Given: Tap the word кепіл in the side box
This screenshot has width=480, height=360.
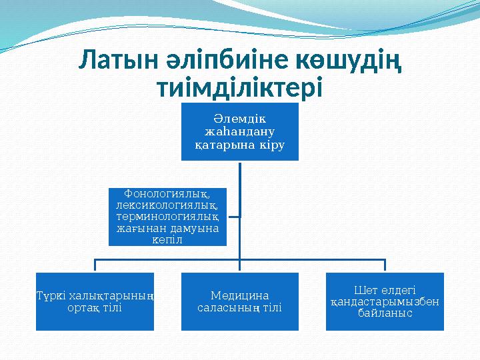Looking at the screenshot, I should (167, 240).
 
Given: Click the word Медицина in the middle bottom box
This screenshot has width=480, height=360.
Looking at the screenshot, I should (240, 295).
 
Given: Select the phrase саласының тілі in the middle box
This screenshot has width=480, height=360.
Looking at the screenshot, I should (240, 307).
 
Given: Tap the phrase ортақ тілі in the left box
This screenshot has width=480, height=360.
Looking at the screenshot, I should (95, 308).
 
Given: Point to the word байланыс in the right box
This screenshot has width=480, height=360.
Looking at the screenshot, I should (385, 313).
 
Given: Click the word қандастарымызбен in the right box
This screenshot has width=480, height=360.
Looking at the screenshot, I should (385, 301).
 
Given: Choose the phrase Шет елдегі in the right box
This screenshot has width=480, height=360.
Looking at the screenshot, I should (385, 290).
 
